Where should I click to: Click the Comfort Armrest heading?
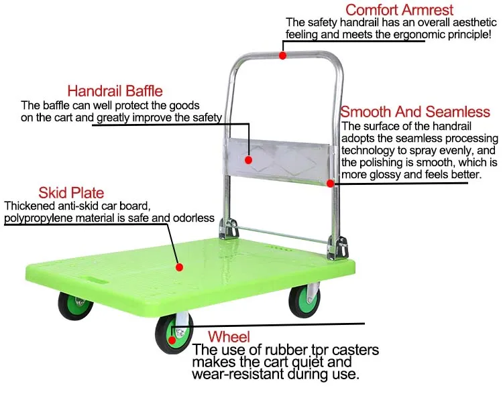pos(399,10)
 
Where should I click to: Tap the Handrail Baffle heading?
pos(115,90)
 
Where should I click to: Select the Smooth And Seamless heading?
pos(415,112)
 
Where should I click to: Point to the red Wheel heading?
pos(229,336)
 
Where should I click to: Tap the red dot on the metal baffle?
pos(248,160)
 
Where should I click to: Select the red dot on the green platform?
pos(179,267)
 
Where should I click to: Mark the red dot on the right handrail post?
pos(330,183)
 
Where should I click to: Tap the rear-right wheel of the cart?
pos(304,301)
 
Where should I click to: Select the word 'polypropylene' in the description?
pos(38,218)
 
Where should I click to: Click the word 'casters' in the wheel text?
pos(353,350)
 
